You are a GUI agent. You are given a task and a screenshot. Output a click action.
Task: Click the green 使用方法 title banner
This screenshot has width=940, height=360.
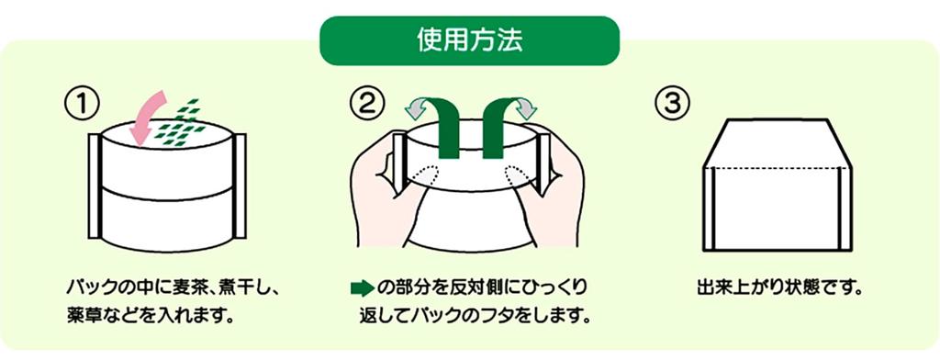pyautogui.click(x=469, y=39)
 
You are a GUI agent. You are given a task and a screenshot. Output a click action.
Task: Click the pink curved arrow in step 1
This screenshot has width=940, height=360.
pyautogui.click(x=146, y=116)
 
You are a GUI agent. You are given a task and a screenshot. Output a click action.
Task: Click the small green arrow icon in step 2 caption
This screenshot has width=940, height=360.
pyautogui.click(x=362, y=287)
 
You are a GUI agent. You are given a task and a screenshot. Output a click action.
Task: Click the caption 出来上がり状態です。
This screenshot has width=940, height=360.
pyautogui.click(x=778, y=287)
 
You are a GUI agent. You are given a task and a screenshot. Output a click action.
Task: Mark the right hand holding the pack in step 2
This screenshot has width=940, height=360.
pyautogui.click(x=556, y=193)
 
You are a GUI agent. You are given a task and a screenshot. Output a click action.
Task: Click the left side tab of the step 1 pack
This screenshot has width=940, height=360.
pyautogui.click(x=94, y=184)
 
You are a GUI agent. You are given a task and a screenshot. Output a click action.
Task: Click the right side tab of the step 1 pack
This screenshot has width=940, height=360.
pyautogui.click(x=241, y=184)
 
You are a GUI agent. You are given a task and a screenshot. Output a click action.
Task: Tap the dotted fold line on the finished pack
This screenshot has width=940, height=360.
pyautogui.click(x=778, y=169)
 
